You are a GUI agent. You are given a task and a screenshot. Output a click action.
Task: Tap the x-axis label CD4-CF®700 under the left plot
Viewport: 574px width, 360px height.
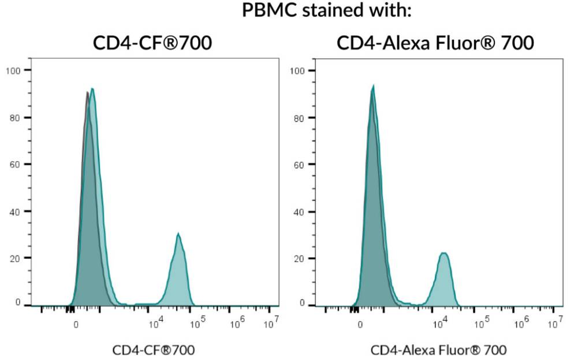point(153,350)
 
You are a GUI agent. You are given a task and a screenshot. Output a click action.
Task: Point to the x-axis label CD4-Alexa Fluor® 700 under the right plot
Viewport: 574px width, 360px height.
point(438,350)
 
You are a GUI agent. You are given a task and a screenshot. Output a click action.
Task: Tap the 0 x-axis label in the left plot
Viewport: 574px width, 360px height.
point(76,325)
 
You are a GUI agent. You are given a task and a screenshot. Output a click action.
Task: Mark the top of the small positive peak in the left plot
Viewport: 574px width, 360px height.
point(178,233)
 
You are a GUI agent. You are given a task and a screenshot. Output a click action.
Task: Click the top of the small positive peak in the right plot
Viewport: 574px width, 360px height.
point(443,253)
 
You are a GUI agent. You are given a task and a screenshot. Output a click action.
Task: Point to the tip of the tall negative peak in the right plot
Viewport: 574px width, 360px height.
point(373,86)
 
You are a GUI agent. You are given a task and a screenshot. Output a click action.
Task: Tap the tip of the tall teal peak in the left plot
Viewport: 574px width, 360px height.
point(92,88)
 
